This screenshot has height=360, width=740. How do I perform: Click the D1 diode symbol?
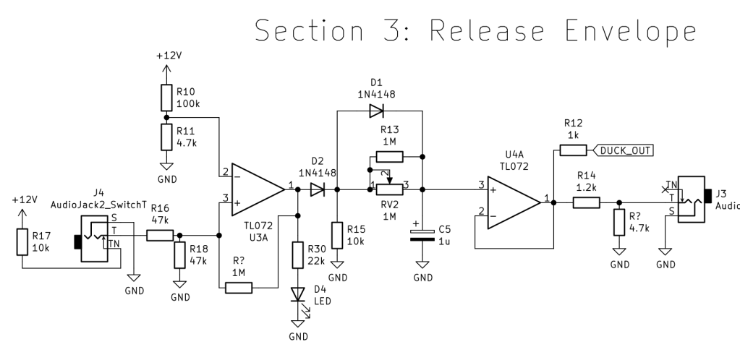pos(375,111)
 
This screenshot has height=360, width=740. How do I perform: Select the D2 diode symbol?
pos(316,190)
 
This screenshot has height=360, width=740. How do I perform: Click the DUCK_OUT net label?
pos(622,150)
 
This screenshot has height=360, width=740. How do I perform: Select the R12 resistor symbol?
pos(572,150)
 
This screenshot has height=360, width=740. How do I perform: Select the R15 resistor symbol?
pos(336,236)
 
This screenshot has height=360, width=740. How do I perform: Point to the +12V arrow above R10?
pos(166,69)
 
